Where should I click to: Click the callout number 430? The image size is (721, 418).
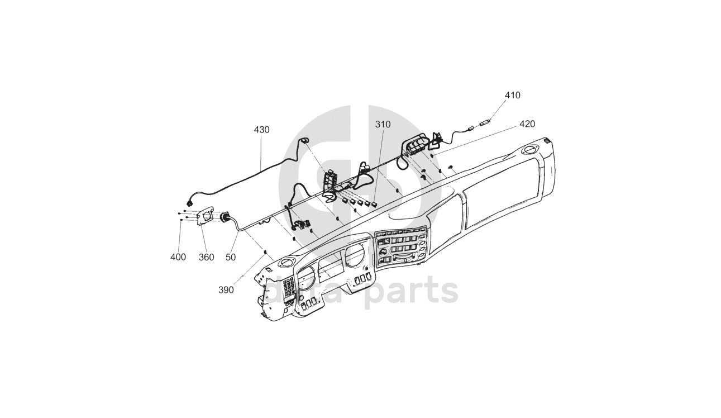pos(261,130)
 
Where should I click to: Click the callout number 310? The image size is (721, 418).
pos(383,124)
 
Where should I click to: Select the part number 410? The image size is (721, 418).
pos(512,96)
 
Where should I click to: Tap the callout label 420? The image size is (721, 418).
pos(527,123)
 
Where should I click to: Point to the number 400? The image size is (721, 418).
pos(178,257)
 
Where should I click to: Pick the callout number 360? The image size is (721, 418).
pos(206,257)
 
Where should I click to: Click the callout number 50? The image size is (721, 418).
pos(230,257)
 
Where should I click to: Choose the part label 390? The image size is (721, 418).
pos(226,290)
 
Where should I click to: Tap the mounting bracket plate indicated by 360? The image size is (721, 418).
pos(205,216)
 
